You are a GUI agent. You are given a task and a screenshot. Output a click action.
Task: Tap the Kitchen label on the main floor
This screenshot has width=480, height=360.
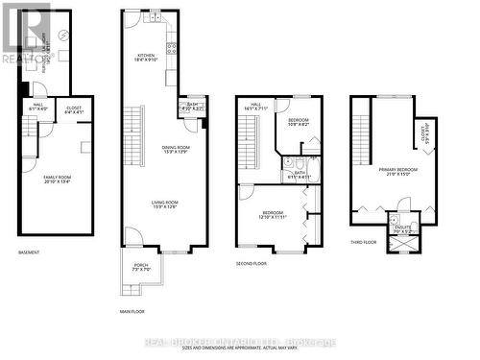click(x=145, y=59)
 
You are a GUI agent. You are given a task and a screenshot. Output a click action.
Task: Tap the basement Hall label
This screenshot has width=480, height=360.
click(x=38, y=107)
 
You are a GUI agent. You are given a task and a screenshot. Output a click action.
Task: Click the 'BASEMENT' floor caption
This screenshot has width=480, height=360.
click(x=30, y=252)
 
